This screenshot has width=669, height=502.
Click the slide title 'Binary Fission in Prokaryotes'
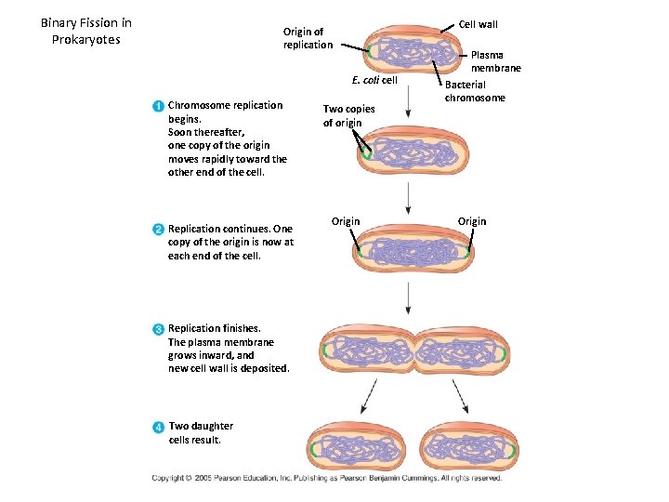click(86, 31)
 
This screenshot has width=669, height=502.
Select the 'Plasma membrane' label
click(495, 61)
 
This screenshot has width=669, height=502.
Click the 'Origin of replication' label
click(308, 38)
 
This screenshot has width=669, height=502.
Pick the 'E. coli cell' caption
click(374, 80)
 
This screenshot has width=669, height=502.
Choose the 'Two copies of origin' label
click(348, 115)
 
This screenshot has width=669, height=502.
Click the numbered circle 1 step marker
click(159, 105)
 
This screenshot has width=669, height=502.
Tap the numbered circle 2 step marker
click(159, 229)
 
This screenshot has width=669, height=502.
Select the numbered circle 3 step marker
click(159, 328)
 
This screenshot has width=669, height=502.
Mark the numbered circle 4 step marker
click(159, 427)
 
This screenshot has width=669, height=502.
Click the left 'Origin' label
click(346, 221)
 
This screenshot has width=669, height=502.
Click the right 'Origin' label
click(471, 221)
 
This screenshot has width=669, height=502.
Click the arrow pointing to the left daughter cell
click(365, 397)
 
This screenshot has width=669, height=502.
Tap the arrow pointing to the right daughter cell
click(462, 397)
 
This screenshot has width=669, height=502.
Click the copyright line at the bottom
click(327, 478)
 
